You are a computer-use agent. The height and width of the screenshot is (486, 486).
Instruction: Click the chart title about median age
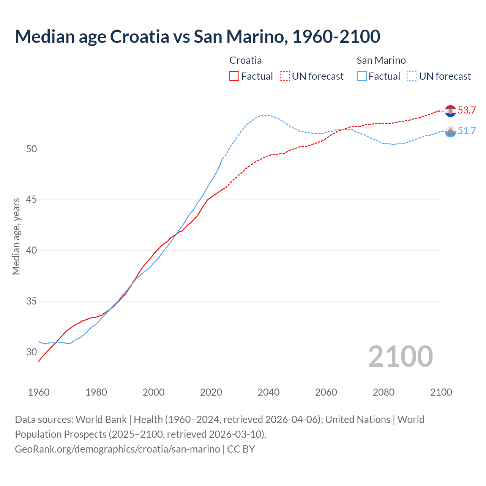coord(197,36)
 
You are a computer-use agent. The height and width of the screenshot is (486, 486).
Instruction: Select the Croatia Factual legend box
coord(234,76)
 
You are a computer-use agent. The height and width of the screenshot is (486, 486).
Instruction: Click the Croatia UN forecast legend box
coord(285,76)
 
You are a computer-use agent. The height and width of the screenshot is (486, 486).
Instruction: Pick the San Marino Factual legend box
coord(362,76)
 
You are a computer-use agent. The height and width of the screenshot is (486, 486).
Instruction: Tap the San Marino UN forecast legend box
coord(412,76)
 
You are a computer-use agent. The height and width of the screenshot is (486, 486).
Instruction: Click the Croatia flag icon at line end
coord(450,110)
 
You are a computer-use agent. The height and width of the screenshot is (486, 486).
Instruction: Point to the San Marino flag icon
coord(450,131)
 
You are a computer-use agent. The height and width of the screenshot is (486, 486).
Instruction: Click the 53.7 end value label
coord(467,110)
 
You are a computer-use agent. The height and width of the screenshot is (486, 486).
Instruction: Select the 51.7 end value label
coord(467,131)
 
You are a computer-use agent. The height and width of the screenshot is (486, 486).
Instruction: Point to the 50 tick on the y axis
coord(32,149)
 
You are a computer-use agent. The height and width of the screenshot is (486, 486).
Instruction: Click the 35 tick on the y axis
coord(32,301)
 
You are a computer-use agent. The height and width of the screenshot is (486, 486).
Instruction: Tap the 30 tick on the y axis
coord(32,352)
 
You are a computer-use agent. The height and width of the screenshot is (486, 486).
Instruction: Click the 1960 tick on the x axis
coord(39,392)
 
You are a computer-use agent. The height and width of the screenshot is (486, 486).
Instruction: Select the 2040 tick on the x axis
coord(268,392)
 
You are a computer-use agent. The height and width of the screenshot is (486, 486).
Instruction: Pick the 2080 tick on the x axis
coord(383,392)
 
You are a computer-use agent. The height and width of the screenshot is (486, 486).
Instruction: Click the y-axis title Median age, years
coord(16,236)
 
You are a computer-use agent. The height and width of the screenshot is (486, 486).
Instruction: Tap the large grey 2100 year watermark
coord(400,356)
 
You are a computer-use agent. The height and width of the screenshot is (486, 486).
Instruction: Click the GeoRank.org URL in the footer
coord(117,449)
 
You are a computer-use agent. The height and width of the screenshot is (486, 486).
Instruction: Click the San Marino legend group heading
coord(381,60)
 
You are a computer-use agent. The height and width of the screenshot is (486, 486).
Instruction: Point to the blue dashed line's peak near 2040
coord(266,115)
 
